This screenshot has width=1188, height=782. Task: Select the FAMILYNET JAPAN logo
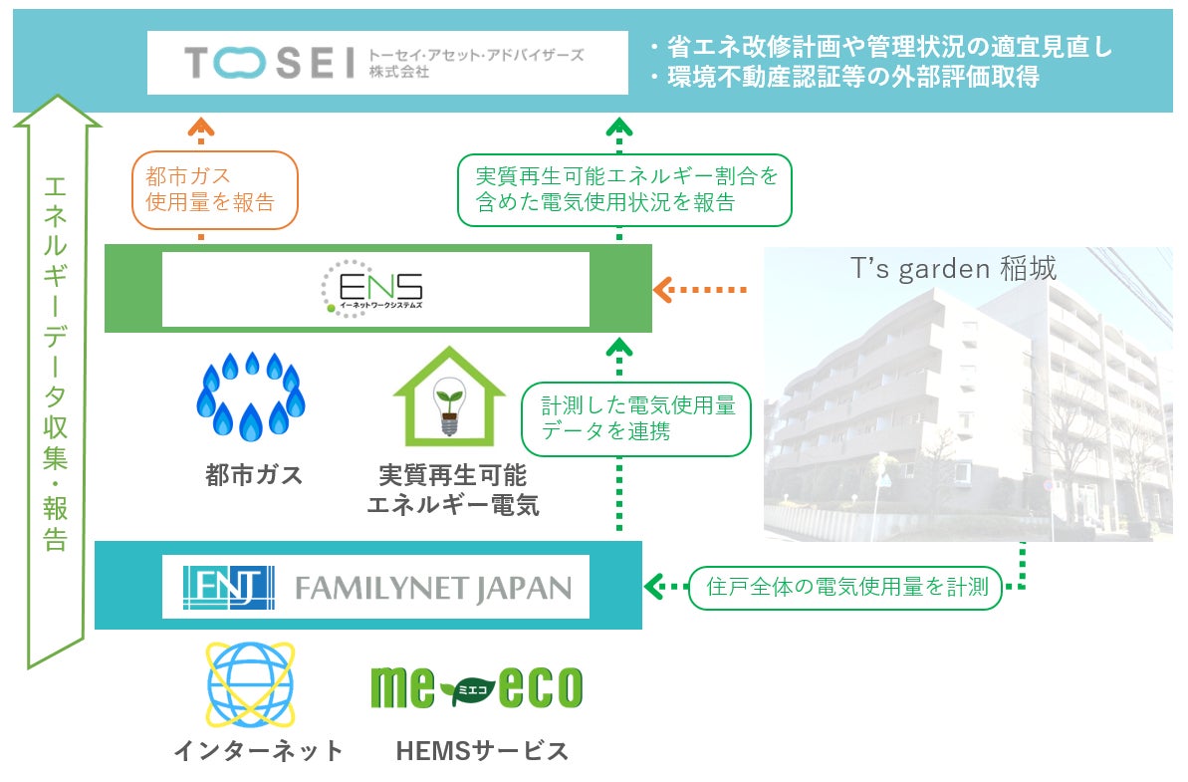click(x=375, y=587)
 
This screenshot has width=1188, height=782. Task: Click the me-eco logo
click(x=476, y=687)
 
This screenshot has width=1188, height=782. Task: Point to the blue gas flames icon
click(x=250, y=396)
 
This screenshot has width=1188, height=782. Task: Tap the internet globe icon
click(x=250, y=685)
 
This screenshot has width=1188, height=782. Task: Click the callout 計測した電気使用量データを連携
click(x=637, y=418)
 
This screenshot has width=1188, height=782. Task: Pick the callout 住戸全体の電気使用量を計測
click(x=845, y=587)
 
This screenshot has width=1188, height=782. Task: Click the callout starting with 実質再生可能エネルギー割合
click(x=624, y=189)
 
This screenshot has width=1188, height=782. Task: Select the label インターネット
click(x=258, y=750)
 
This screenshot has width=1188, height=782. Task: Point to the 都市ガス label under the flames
click(x=253, y=475)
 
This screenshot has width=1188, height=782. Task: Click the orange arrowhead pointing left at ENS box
click(x=662, y=290)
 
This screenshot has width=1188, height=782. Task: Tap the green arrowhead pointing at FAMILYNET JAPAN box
click(x=654, y=587)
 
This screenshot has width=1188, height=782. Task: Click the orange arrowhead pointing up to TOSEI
click(x=201, y=125)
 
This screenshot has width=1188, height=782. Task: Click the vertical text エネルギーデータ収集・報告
click(x=56, y=364)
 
